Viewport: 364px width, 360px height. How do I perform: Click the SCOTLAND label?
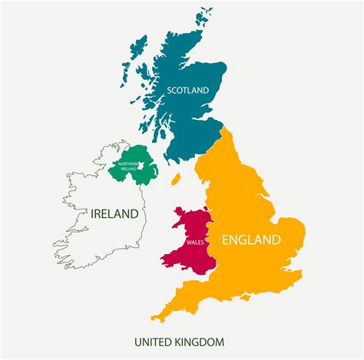point(188,91)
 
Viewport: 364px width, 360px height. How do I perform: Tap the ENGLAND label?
point(251,240)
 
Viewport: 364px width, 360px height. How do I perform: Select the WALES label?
point(194,244)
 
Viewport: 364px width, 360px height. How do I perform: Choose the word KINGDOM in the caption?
point(200,341)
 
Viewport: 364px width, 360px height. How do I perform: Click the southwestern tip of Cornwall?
point(154,318)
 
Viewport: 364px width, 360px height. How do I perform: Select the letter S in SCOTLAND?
point(170,91)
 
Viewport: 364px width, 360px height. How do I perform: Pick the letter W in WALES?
point(186,244)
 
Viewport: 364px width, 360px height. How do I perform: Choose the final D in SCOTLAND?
point(207,91)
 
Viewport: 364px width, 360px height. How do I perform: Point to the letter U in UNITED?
point(137,341)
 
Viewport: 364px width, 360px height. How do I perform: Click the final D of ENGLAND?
point(275,240)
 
